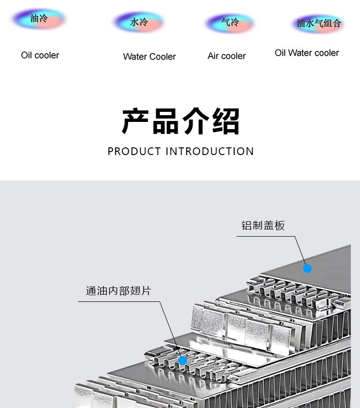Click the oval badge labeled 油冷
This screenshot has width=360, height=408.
coord(39,19)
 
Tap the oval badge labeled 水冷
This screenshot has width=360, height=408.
coord(139,22)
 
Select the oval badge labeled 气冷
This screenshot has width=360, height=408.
coord(230,23)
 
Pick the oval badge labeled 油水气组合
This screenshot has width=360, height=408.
coord(318,24)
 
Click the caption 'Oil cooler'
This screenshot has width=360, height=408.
coord(40,55)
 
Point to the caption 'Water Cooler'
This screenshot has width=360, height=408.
coord(150,57)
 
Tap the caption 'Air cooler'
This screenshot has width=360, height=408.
coord(227,56)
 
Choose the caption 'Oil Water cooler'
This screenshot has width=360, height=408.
coord(307,53)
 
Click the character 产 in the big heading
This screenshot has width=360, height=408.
coord(135,121)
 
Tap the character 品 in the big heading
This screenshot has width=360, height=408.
coord(165,121)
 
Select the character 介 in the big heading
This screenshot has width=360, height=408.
coord(196,121)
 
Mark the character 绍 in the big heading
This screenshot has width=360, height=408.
coord(226,121)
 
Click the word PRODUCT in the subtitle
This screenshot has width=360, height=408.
coord(134,151)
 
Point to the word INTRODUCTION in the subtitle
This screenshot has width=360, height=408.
coord(210,151)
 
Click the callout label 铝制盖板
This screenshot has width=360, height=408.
coord(263,225)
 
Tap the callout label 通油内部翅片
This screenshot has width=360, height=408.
coord(119,291)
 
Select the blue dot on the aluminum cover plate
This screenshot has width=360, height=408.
coord(308,268)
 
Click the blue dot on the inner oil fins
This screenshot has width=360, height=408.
coord(182,360)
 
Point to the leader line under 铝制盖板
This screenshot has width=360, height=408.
coord(295,236)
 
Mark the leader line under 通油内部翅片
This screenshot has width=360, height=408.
coord(159,302)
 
